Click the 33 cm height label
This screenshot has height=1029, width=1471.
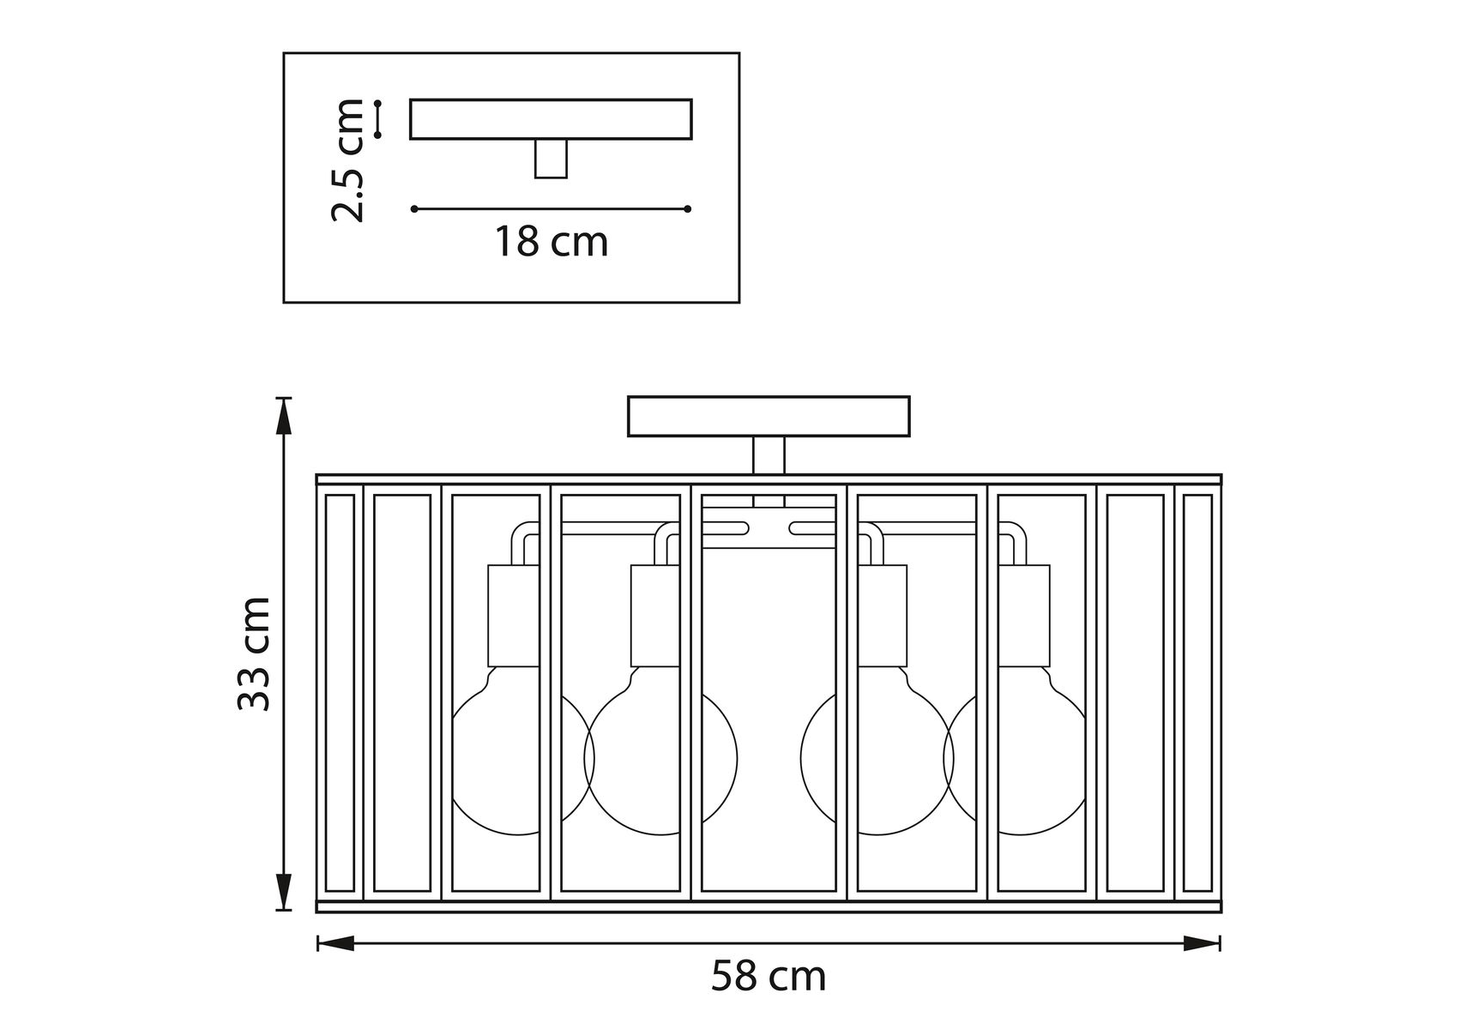(x=254, y=653)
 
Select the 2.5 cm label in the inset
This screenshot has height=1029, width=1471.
(x=348, y=160)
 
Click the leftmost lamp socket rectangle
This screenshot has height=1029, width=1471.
(x=514, y=616)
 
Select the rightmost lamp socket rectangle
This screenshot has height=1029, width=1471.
(x=1024, y=616)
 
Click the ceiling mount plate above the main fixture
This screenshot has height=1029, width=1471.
(x=769, y=416)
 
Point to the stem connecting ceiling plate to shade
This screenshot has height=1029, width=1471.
(x=769, y=455)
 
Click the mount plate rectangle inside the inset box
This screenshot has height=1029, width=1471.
(x=551, y=119)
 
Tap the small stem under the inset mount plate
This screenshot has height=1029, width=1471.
(x=551, y=159)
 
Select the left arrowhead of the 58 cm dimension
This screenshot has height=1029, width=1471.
(x=335, y=943)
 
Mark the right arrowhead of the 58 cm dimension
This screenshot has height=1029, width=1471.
(x=1202, y=943)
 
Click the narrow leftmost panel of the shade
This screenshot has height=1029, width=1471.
(x=340, y=693)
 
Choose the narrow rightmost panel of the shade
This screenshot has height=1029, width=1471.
(x=1197, y=693)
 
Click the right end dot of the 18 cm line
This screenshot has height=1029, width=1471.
(x=688, y=208)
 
